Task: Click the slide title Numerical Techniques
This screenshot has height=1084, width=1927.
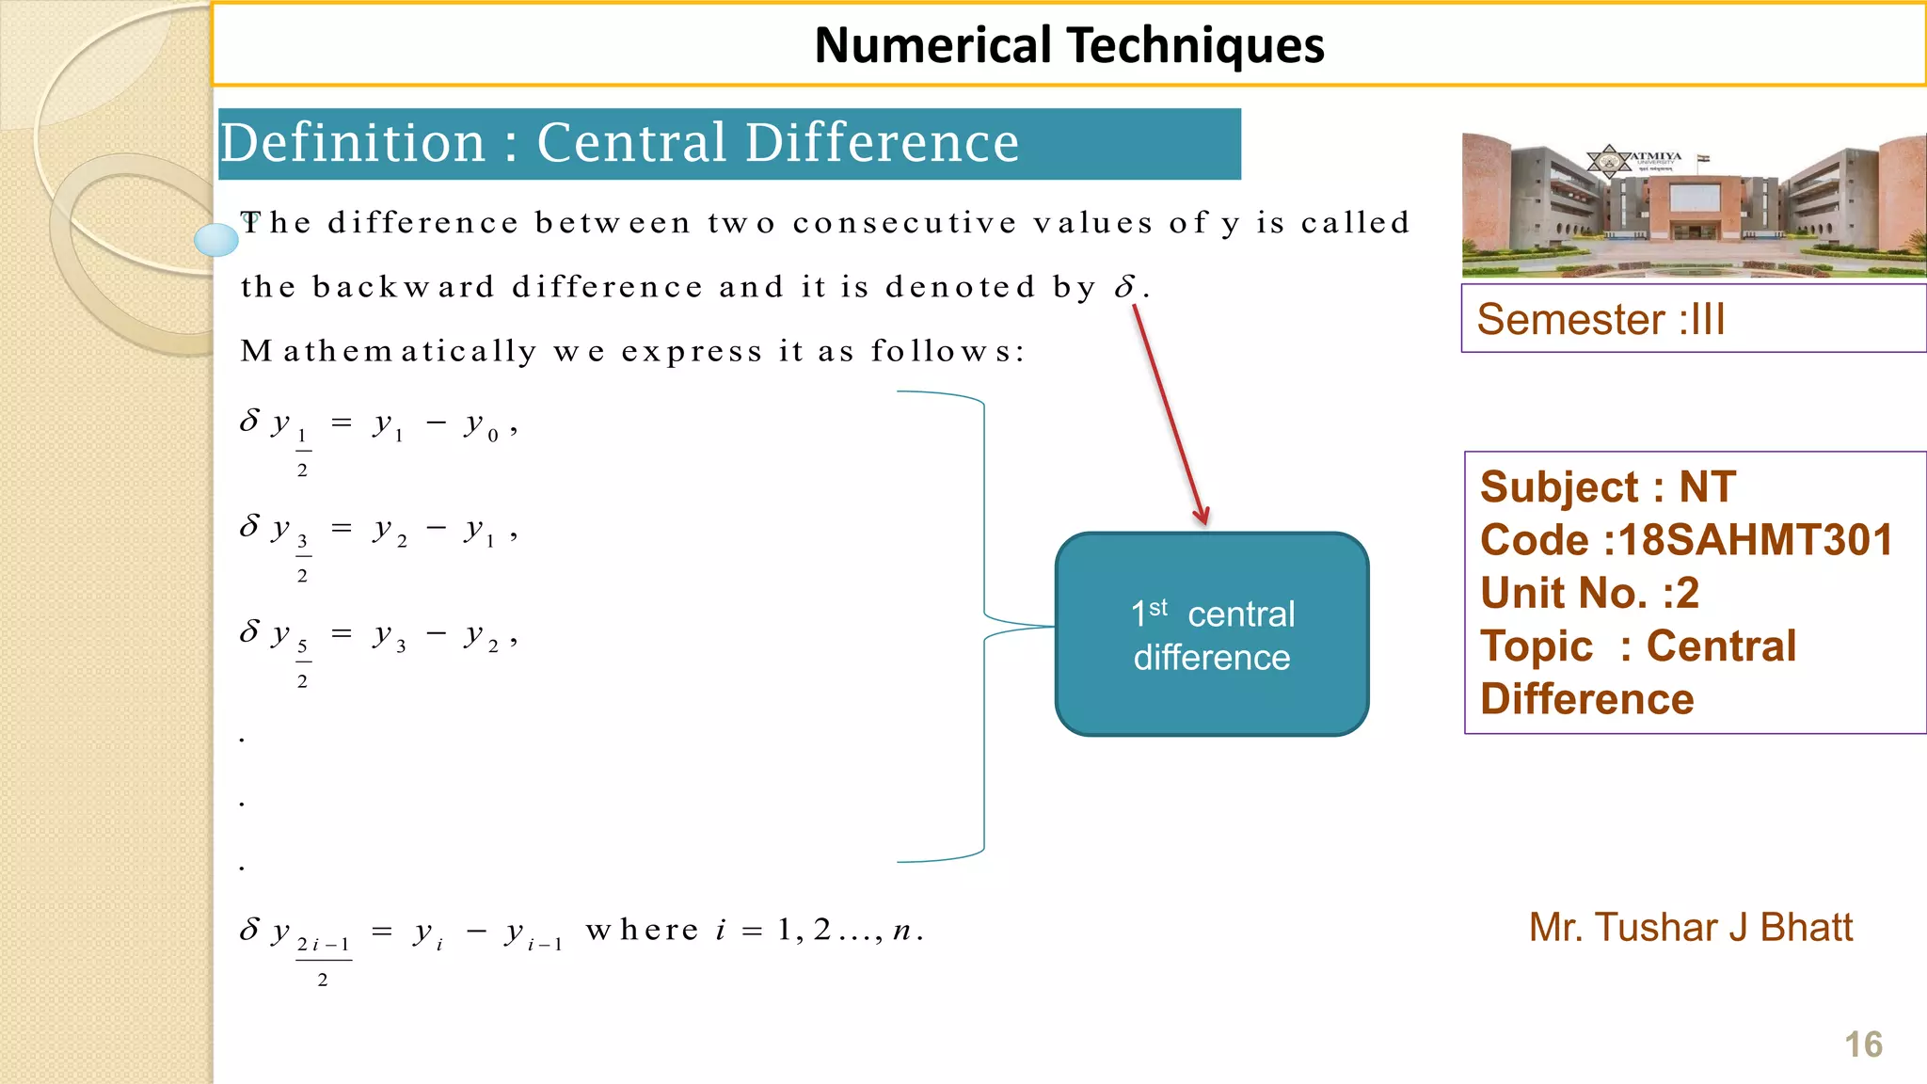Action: coord(1069,45)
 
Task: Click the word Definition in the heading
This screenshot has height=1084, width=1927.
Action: coord(353,143)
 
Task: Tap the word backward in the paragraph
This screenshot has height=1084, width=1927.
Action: coord(404,287)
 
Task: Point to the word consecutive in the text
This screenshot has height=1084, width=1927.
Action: coord(904,223)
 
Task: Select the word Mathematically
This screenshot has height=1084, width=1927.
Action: coord(389,351)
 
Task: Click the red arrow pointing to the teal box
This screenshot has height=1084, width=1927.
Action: coord(1170,414)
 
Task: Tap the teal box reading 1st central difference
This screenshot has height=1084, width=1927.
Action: coord(1212,634)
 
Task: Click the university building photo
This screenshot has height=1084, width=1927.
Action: coord(1694,205)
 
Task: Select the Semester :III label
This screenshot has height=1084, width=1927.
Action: coord(1601,319)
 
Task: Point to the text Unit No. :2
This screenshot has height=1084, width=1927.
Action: coord(1589,593)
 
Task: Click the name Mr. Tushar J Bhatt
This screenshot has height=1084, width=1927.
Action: coord(1690,928)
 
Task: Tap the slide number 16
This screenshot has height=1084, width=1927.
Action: coord(1863,1044)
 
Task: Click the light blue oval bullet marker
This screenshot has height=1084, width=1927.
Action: coord(216,240)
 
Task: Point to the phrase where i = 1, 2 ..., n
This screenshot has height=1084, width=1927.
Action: coord(754,931)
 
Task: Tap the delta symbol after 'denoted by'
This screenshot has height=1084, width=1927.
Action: coord(1124,287)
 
